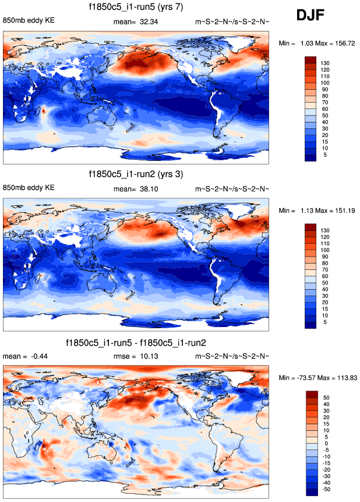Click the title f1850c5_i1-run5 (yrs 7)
[x=137, y=8]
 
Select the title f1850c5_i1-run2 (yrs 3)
[x=137, y=174]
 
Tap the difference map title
[x=137, y=342]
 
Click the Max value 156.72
[x=342, y=43]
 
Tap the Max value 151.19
[x=342, y=210]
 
